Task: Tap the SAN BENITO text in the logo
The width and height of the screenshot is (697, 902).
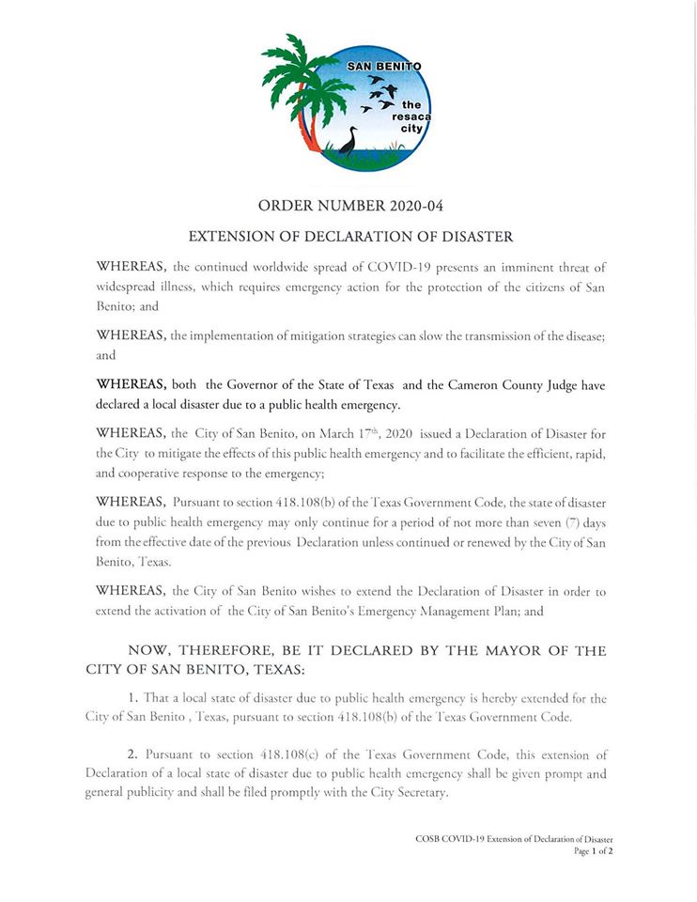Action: coord(384,68)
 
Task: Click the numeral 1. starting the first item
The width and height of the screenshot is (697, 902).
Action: coord(132,699)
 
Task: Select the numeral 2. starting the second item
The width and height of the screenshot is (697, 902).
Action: coord(132,754)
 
